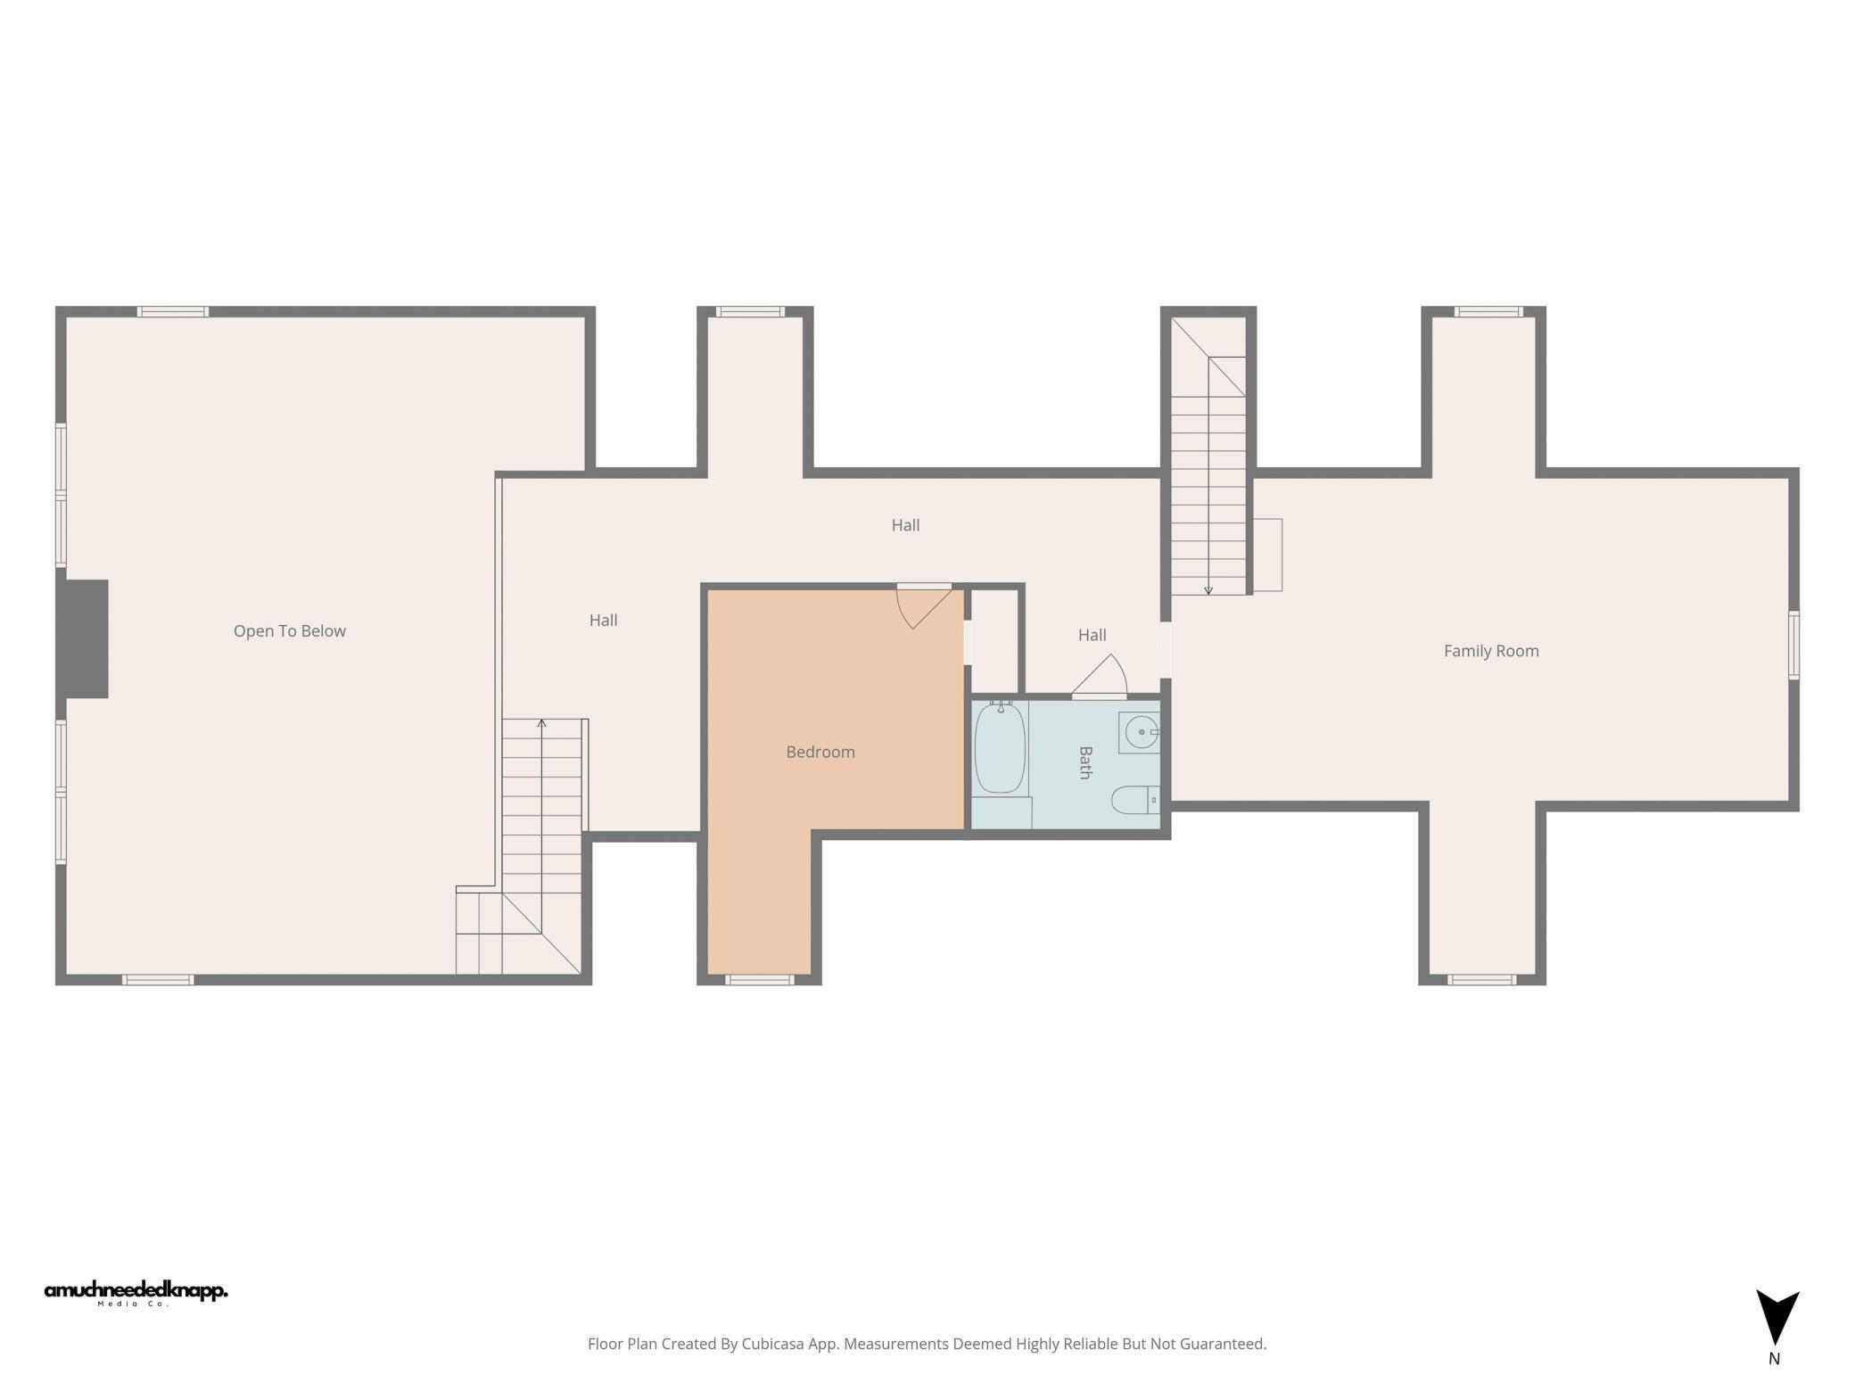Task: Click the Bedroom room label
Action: pyautogui.click(x=820, y=752)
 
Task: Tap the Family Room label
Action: pyautogui.click(x=1491, y=651)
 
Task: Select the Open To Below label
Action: pyautogui.click(x=290, y=631)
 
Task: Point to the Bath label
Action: pyautogui.click(x=1085, y=763)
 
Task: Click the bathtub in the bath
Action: pyautogui.click(x=1000, y=747)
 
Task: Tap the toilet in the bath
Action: pyautogui.click(x=1135, y=800)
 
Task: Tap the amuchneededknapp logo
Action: pyautogui.click(x=136, y=1293)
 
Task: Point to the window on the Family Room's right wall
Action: pyautogui.click(x=1793, y=646)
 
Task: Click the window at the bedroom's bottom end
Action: pyautogui.click(x=759, y=980)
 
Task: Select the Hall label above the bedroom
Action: pyautogui.click(x=905, y=525)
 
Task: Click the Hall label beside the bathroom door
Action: pyautogui.click(x=1092, y=635)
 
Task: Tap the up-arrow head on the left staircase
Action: pyautogui.click(x=541, y=722)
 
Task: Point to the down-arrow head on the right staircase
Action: pyautogui.click(x=1208, y=590)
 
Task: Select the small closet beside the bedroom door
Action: pyautogui.click(x=993, y=640)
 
